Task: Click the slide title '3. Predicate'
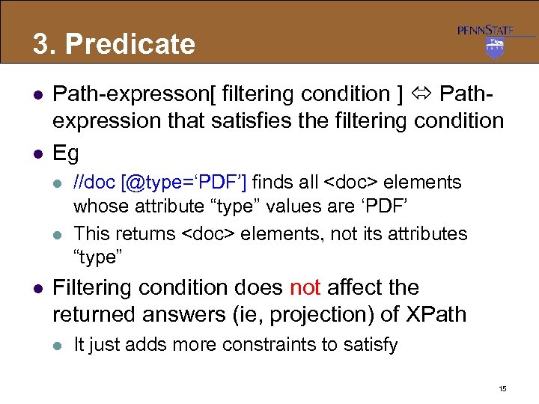tap(114, 44)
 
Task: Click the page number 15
tap(502, 389)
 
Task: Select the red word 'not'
tap(305, 288)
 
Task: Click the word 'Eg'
tap(66, 153)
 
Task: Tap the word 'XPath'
tap(433, 315)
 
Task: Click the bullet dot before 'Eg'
tap(35, 154)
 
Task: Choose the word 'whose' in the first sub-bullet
tap(98, 206)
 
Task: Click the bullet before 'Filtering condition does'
tap(35, 289)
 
